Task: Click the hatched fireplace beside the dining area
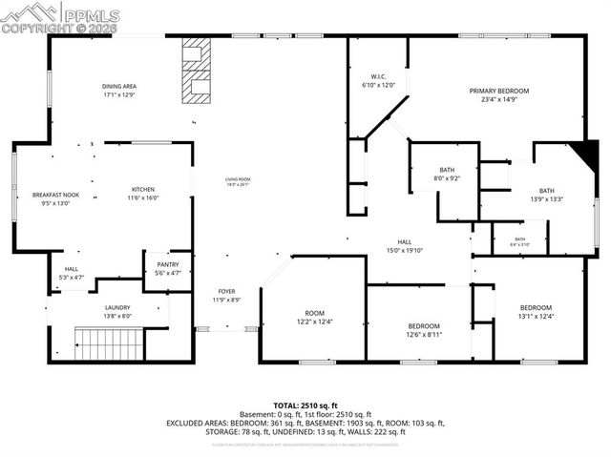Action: tap(198, 69)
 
